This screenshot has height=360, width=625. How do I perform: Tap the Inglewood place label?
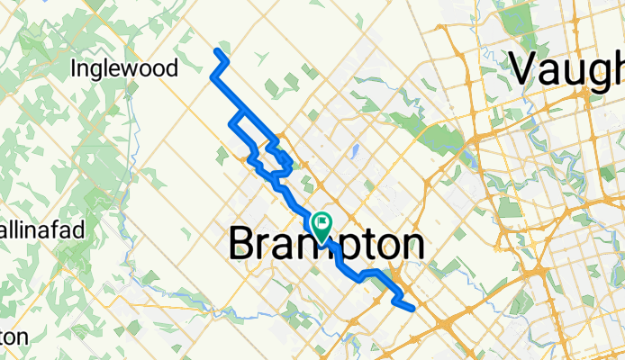(x=125, y=68)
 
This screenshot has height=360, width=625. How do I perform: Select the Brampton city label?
(x=326, y=243)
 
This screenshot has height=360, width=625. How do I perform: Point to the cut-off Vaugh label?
(x=567, y=69)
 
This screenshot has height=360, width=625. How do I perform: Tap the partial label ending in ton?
(x=14, y=337)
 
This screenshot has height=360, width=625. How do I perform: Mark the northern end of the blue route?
(x=218, y=50)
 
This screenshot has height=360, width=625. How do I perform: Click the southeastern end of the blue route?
(x=412, y=309)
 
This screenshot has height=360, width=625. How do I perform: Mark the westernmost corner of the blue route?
(x=212, y=77)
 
